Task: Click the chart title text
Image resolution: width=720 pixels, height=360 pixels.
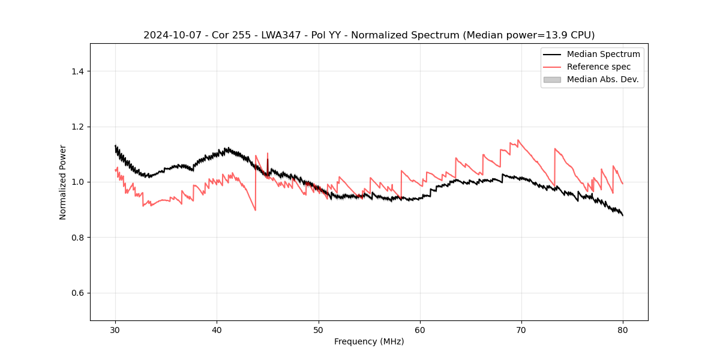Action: pyautogui.click(x=369, y=35)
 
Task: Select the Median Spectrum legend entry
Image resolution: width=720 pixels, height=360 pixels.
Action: pyautogui.click(x=603, y=55)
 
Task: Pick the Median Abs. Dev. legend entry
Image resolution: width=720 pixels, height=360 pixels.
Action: pyautogui.click(x=602, y=80)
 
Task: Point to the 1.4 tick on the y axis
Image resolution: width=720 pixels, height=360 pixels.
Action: pyautogui.click(x=77, y=71)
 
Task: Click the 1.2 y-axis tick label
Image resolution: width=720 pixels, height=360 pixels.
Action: pyautogui.click(x=77, y=127)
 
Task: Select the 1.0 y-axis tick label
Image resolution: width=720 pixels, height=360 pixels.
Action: pyautogui.click(x=77, y=182)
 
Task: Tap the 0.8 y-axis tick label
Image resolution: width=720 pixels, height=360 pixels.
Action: pyautogui.click(x=77, y=238)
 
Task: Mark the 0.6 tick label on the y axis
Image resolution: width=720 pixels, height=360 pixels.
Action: pyautogui.click(x=77, y=293)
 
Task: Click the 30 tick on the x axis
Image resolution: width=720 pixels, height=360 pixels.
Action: pyautogui.click(x=115, y=330)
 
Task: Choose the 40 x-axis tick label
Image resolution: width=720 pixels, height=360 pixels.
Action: pyautogui.click(x=217, y=330)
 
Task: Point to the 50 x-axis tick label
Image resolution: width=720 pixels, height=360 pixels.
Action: pyautogui.click(x=319, y=330)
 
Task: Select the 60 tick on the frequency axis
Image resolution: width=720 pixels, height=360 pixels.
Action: pyautogui.click(x=420, y=330)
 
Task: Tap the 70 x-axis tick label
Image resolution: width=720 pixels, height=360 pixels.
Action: pyautogui.click(x=521, y=330)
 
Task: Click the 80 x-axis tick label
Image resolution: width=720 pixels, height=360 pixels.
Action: pyautogui.click(x=623, y=330)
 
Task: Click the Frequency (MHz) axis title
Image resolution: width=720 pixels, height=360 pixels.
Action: pyautogui.click(x=369, y=342)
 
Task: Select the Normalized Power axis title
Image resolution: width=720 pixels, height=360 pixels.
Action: pyautogui.click(x=63, y=182)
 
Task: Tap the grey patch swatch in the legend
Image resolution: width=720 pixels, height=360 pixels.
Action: pyautogui.click(x=552, y=80)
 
